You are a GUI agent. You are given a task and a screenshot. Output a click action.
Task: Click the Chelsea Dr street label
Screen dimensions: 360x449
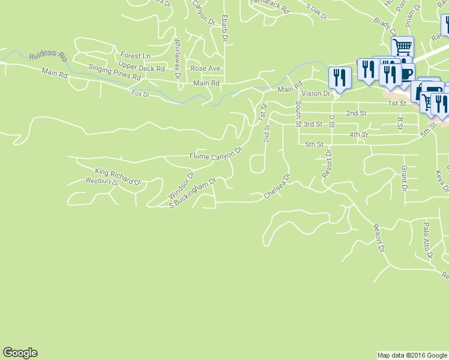coord(278,187)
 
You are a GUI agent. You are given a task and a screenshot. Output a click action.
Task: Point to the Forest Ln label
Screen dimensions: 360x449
coord(135,55)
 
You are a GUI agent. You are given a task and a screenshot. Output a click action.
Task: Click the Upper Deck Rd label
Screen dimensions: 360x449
coord(141,68)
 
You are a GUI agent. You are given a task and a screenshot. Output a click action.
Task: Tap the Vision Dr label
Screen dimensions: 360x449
coord(316,94)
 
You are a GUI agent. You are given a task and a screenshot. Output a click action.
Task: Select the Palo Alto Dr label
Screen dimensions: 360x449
coord(427,240)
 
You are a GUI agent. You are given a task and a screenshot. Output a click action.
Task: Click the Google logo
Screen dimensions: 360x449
coord(20,353)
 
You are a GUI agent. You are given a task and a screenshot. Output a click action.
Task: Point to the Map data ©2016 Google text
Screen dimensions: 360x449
coord(412,355)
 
